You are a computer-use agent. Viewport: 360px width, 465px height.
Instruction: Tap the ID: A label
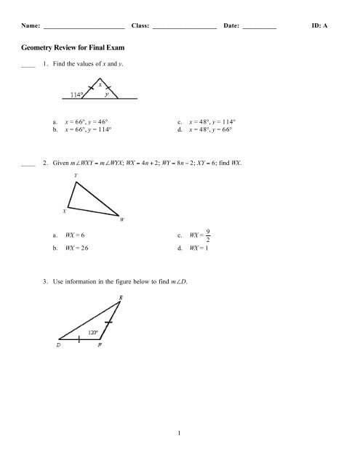tap(319, 25)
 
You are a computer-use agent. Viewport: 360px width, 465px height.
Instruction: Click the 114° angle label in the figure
tap(79, 94)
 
